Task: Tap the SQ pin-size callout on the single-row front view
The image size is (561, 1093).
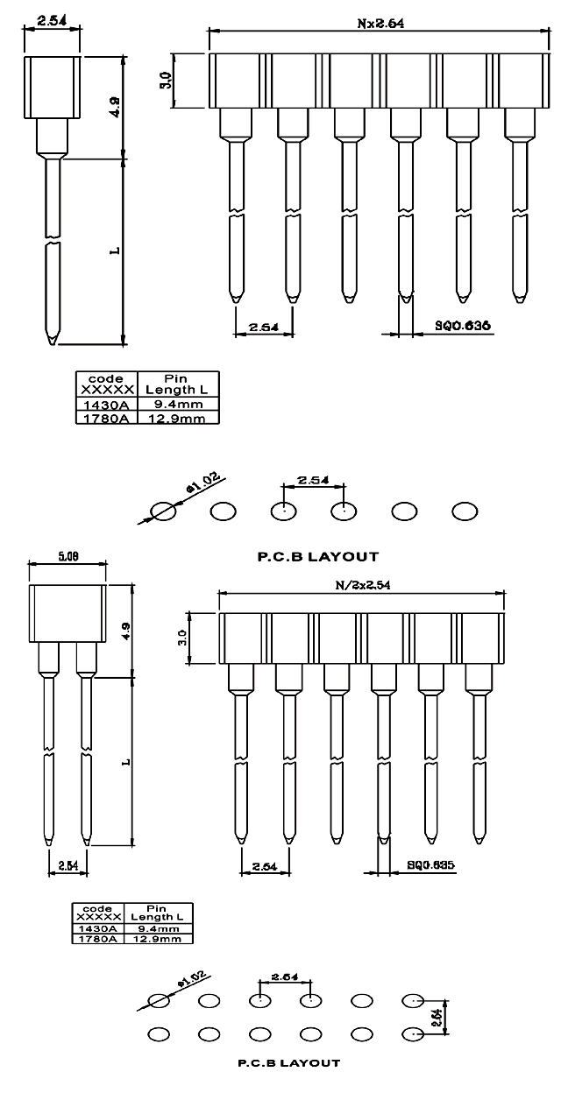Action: (x=462, y=325)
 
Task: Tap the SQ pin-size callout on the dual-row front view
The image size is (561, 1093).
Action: (x=430, y=864)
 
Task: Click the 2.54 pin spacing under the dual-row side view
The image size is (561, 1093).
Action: (x=67, y=865)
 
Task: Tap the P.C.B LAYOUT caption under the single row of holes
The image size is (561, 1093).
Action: (x=318, y=555)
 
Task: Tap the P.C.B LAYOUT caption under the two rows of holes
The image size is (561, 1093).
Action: (x=288, y=1063)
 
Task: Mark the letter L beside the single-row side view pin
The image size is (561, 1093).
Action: (x=115, y=251)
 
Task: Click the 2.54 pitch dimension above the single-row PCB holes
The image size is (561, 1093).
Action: (x=313, y=481)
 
